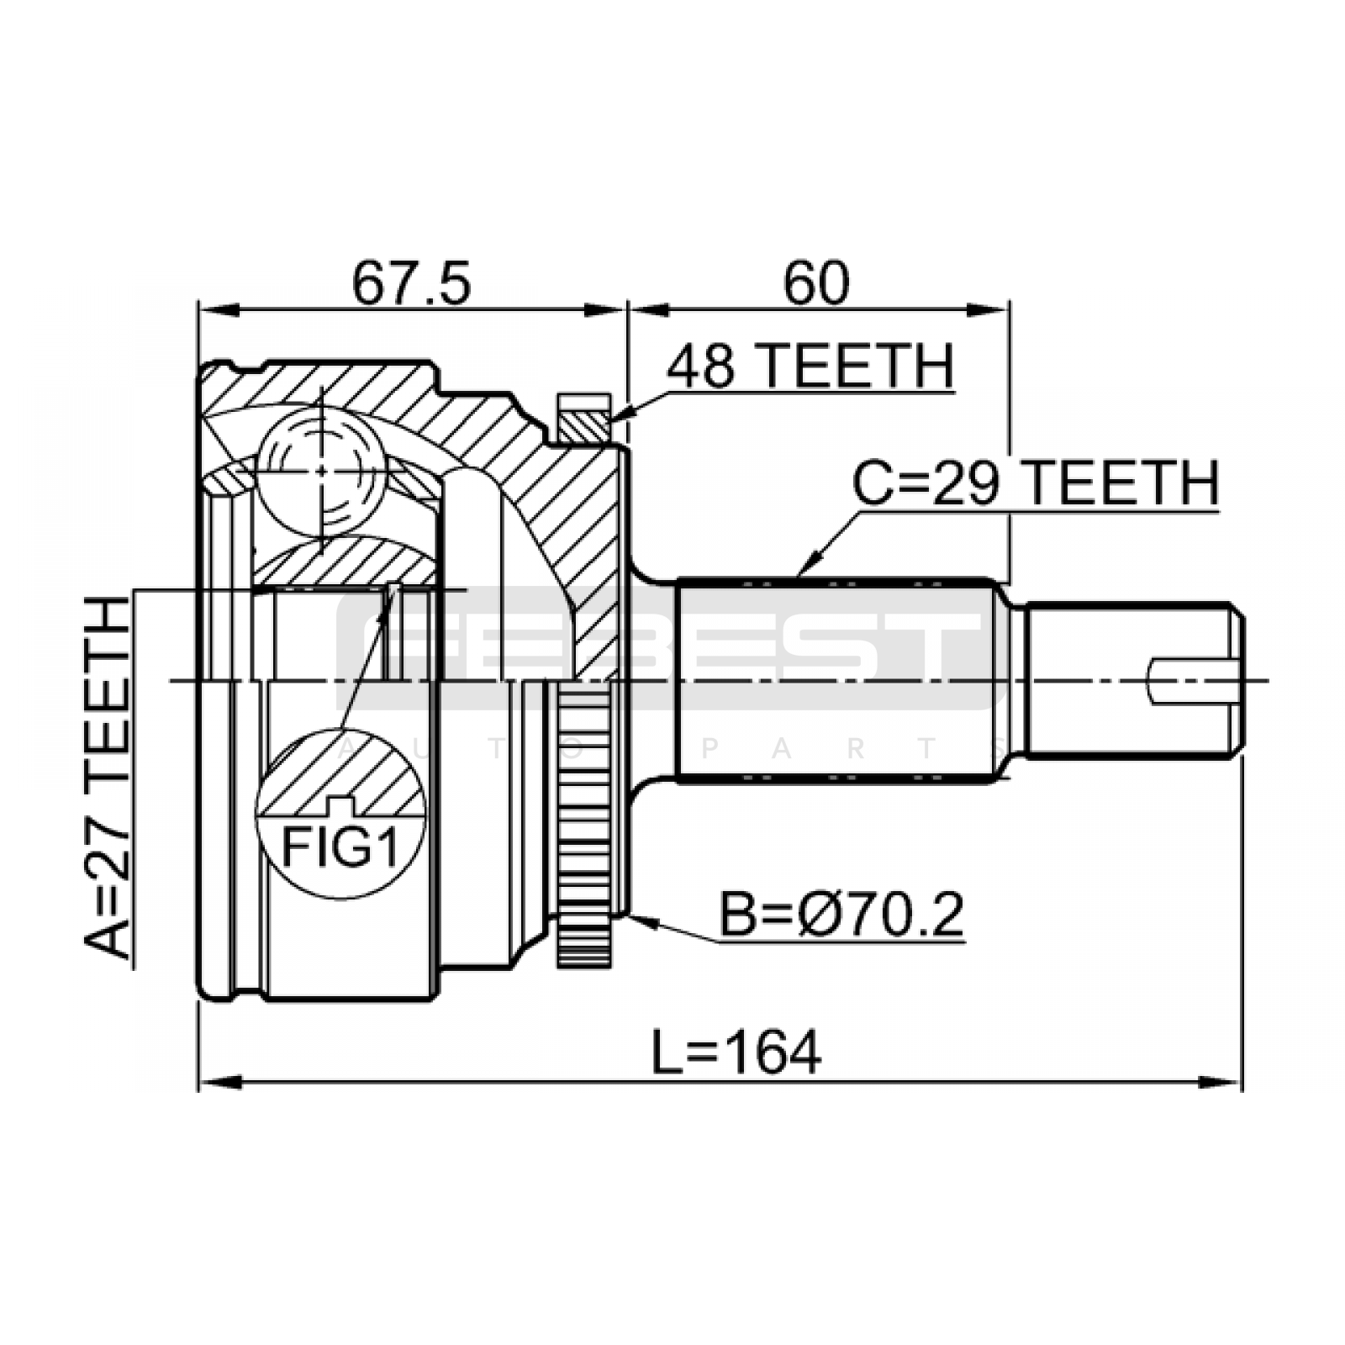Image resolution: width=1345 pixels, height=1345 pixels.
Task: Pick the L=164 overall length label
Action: click(736, 1052)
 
